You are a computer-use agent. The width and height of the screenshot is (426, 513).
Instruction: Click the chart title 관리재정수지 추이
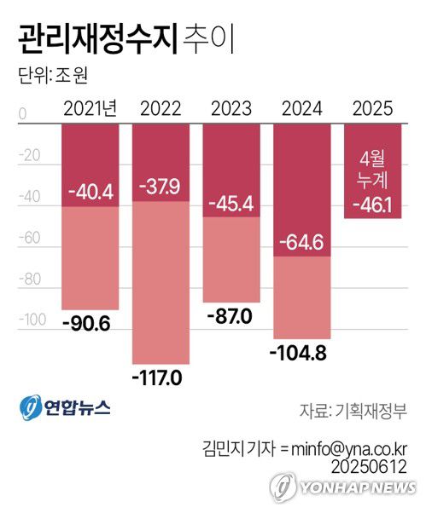tap(120, 38)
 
